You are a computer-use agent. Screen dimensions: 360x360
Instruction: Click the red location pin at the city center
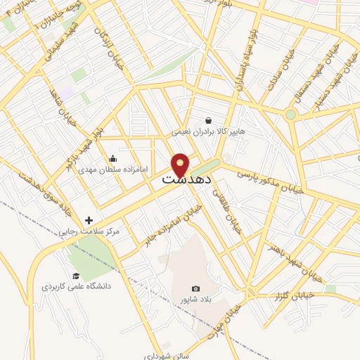(181, 164)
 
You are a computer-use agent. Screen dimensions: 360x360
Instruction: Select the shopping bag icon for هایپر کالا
(207, 120)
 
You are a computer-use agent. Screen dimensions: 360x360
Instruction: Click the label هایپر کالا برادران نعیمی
(207, 131)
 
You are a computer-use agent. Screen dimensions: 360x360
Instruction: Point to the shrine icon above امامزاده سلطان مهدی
(112, 159)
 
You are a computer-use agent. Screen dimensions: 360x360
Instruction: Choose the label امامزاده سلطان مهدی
(112, 169)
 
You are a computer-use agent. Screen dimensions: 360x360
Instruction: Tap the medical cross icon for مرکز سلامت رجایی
(89, 220)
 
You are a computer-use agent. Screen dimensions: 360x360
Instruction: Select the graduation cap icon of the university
(75, 276)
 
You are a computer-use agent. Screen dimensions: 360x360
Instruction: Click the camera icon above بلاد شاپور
(195, 289)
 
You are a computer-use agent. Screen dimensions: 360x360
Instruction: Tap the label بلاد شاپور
(195, 300)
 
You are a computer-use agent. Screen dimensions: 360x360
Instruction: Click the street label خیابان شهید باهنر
(295, 262)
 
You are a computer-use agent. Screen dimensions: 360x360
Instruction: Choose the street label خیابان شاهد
(63, 106)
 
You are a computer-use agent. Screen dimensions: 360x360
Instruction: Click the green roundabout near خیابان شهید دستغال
(290, 114)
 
